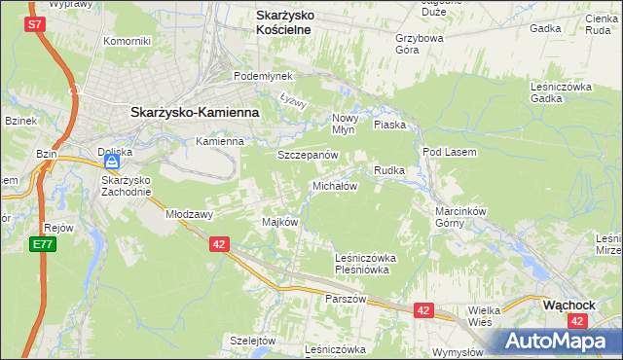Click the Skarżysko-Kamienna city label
195,112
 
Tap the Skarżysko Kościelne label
296,22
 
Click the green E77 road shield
41,244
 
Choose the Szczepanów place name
308,155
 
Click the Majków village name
279,222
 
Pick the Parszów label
346,299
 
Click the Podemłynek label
258,76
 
